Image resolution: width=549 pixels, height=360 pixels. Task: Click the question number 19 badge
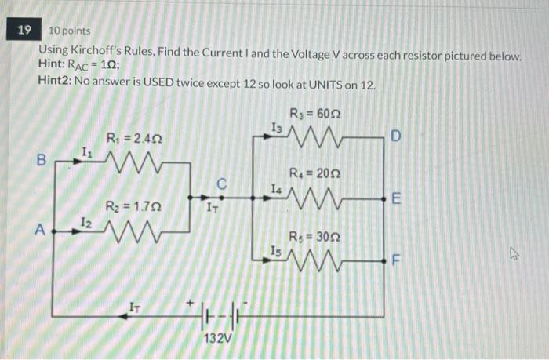click(x=25, y=30)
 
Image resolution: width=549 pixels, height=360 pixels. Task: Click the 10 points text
click(x=70, y=31)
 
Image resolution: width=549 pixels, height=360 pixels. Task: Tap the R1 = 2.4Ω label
click(x=133, y=139)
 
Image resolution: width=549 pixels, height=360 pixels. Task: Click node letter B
click(x=42, y=159)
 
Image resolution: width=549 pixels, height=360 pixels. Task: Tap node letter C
click(x=222, y=184)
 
